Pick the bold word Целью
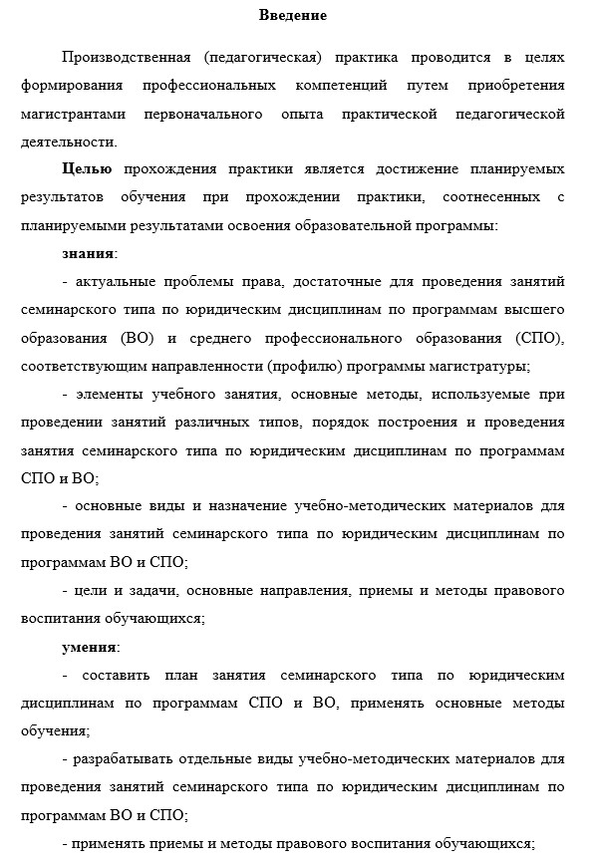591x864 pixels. click(x=86, y=169)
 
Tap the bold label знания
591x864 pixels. click(x=88, y=253)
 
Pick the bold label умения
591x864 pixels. click(x=89, y=647)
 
